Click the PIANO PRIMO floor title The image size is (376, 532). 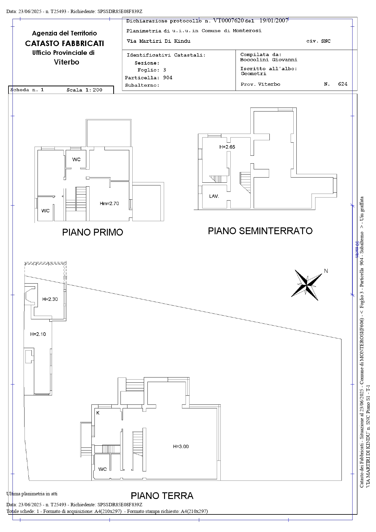click(x=93, y=232)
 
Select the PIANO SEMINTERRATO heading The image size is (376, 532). click(x=260, y=231)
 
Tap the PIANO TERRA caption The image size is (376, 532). click(x=162, y=496)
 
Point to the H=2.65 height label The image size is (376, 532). click(x=227, y=147)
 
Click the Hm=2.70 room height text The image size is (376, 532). click(x=109, y=204)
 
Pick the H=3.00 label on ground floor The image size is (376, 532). click(x=181, y=447)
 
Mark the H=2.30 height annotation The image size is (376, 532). click(x=50, y=299)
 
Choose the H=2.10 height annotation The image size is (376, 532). click(x=38, y=334)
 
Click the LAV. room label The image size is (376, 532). click(x=214, y=196)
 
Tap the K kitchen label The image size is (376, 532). click(x=98, y=413)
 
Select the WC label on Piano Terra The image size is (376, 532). click(x=103, y=469)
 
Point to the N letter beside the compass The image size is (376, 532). click(x=326, y=271)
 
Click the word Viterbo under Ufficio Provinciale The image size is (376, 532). click(x=67, y=62)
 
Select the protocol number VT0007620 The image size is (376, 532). click(x=229, y=21)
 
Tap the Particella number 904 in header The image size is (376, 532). click(x=168, y=78)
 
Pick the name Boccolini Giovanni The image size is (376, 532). click(x=269, y=60)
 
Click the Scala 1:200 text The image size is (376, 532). click(x=84, y=90)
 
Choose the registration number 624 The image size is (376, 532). click(x=343, y=84)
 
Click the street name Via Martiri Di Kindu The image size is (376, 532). click(x=159, y=41)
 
